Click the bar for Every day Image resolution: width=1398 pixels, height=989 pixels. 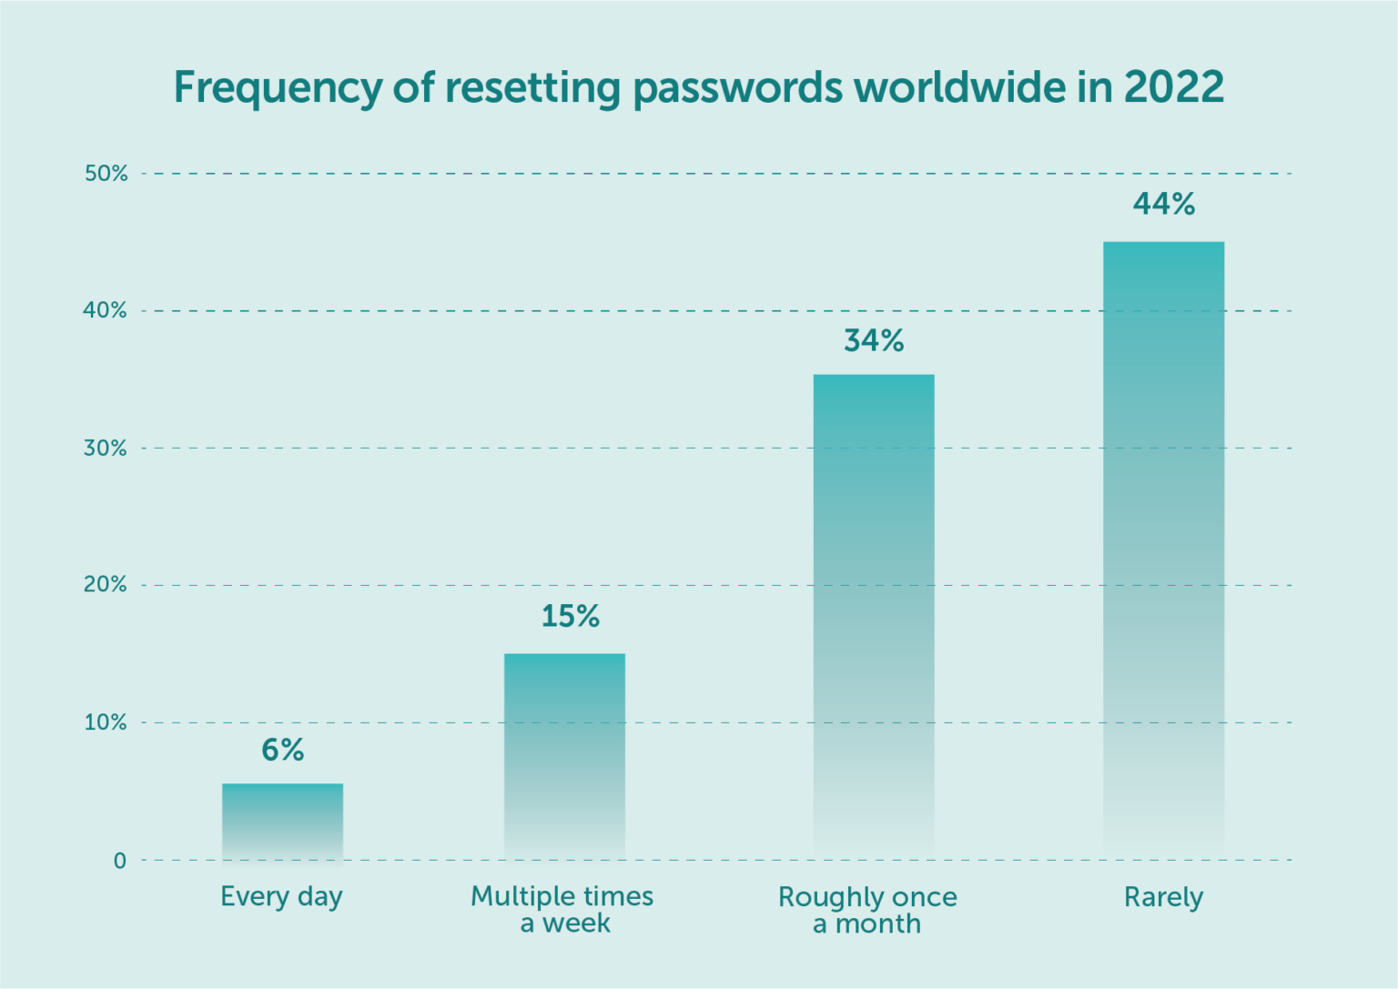tap(282, 821)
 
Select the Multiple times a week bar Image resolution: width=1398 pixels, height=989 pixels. tap(564, 755)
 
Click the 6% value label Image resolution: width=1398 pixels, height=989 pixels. tap(282, 750)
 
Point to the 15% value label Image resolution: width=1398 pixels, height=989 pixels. tap(571, 616)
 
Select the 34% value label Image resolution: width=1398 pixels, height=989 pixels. tap(874, 340)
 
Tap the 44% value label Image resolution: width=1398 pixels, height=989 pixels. tap(1163, 204)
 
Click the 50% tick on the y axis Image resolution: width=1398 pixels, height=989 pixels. tap(106, 173)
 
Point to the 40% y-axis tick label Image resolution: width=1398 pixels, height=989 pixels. tap(106, 310)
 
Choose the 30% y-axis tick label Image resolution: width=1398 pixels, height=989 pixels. tap(106, 448)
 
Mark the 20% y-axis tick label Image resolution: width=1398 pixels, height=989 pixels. tap(106, 584)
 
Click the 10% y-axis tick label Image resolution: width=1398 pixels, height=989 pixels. tap(106, 722)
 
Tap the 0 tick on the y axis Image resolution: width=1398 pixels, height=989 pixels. tap(119, 861)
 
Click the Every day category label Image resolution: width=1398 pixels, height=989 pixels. tap(281, 897)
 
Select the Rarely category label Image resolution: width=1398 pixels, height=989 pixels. tap(1163, 898)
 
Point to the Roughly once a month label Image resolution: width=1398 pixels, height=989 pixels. tap(867, 910)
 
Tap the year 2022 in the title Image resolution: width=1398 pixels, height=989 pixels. tap(1173, 87)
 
